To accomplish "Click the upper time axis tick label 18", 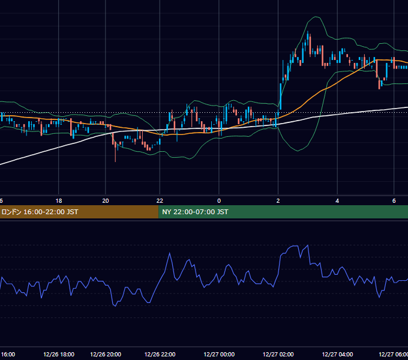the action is [x=59, y=201].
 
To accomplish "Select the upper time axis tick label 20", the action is [x=106, y=201].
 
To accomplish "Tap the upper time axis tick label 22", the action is [x=160, y=201].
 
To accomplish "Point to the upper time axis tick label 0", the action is [x=219, y=201].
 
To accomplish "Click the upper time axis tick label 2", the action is [x=278, y=201].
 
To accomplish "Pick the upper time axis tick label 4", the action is [x=337, y=201].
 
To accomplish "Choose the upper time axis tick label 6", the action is [x=394, y=201].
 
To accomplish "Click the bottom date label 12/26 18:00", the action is [x=59, y=355].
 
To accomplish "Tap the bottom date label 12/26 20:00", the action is [x=106, y=355].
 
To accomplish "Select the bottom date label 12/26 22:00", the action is [x=160, y=355].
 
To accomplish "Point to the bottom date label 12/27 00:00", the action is [x=219, y=355].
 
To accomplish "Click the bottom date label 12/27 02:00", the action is [x=278, y=355].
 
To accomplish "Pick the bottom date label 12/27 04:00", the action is [x=337, y=355].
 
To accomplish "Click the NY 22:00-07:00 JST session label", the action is [x=195, y=212].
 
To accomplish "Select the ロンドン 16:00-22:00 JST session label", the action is [x=40, y=212].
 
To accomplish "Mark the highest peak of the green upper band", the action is [x=316, y=17].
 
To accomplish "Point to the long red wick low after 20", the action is [x=115, y=161].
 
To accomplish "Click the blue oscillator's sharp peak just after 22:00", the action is [x=170, y=253].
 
